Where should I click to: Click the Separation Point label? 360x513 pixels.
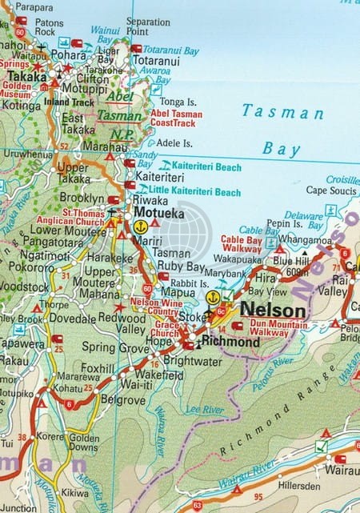coord(148,26)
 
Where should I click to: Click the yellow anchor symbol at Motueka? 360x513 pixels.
coord(140,226)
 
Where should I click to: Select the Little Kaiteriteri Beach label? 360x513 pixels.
coord(194,192)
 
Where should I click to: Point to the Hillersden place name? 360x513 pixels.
coord(298,486)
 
